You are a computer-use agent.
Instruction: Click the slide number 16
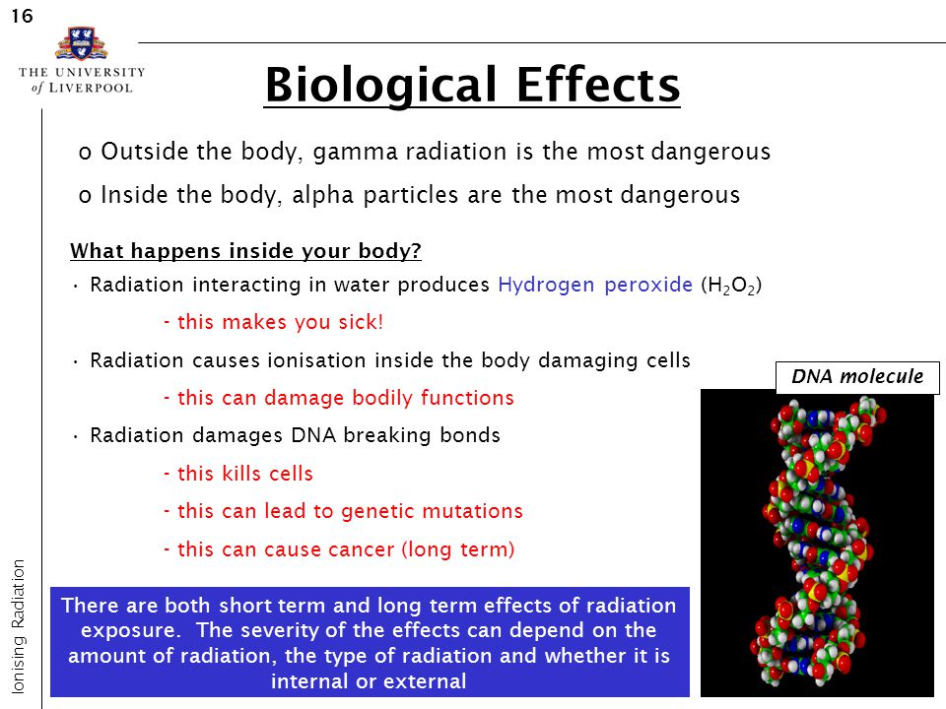pos(22,16)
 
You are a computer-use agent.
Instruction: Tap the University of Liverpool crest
pos(81,43)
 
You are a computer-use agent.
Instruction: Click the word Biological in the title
pos(380,86)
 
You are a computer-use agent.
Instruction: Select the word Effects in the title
pos(598,85)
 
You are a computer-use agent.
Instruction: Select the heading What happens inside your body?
pos(245,251)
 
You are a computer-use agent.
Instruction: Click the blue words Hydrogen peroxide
pos(595,285)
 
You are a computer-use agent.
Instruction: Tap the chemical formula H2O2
pos(731,286)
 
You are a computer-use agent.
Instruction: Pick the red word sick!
pos(361,322)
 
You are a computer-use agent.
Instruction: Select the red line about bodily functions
pos(338,398)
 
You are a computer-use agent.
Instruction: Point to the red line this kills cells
pos(238,474)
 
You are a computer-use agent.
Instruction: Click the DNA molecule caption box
pos(857,377)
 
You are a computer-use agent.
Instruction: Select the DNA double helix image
pos(817,543)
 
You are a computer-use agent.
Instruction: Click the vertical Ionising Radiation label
pos(18,626)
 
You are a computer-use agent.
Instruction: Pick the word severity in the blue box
pos(278,630)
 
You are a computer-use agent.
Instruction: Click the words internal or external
pos(369,681)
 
